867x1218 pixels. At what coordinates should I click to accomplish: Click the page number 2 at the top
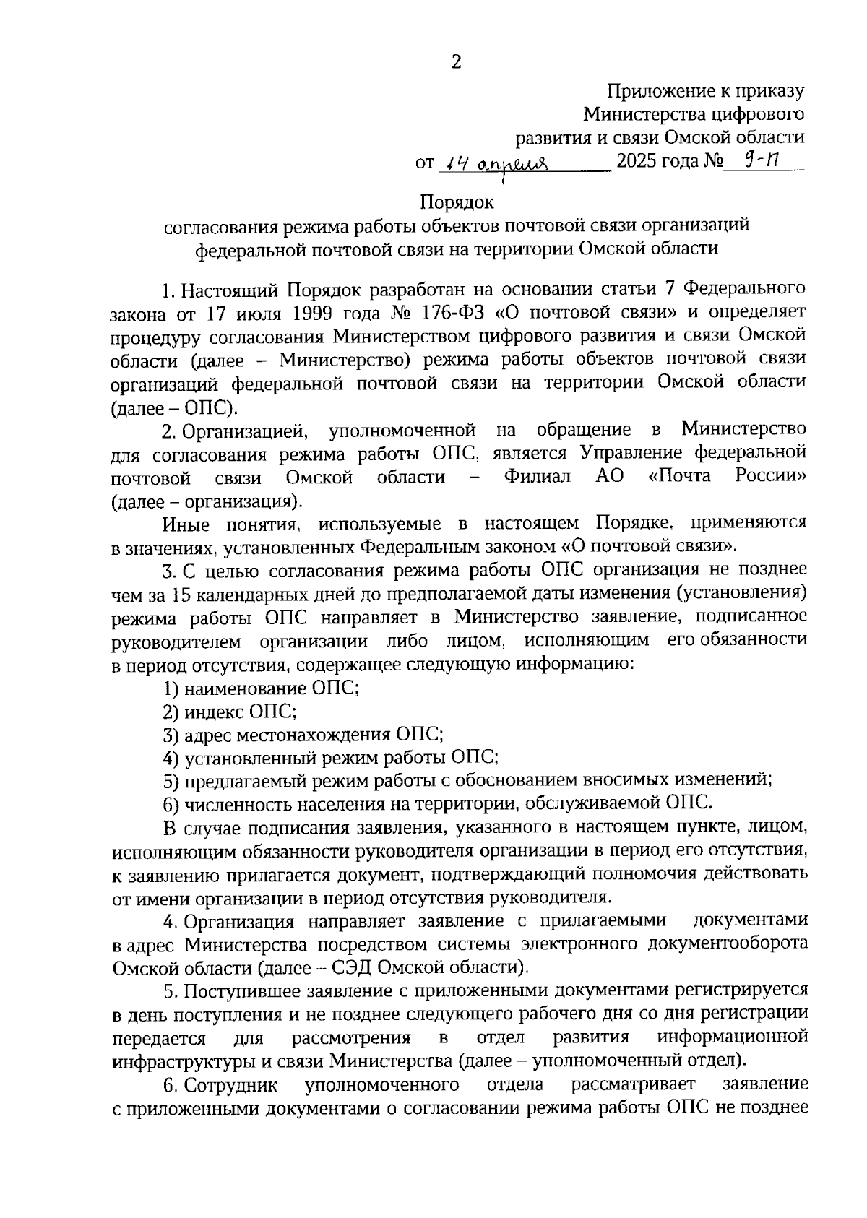pyautogui.click(x=456, y=62)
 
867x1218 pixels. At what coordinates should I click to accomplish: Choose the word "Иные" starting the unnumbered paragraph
pyautogui.click(x=185, y=523)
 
